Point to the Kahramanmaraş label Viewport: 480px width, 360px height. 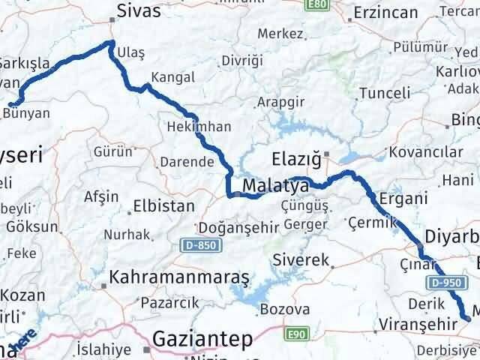[x=178, y=277]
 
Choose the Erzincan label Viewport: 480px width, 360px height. [x=385, y=13]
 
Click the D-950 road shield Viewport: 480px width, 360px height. [x=445, y=282]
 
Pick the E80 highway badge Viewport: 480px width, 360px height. [x=317, y=4]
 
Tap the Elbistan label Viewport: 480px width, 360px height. [x=163, y=205]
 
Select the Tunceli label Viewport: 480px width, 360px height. [x=385, y=93]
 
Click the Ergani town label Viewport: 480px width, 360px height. [x=404, y=199]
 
